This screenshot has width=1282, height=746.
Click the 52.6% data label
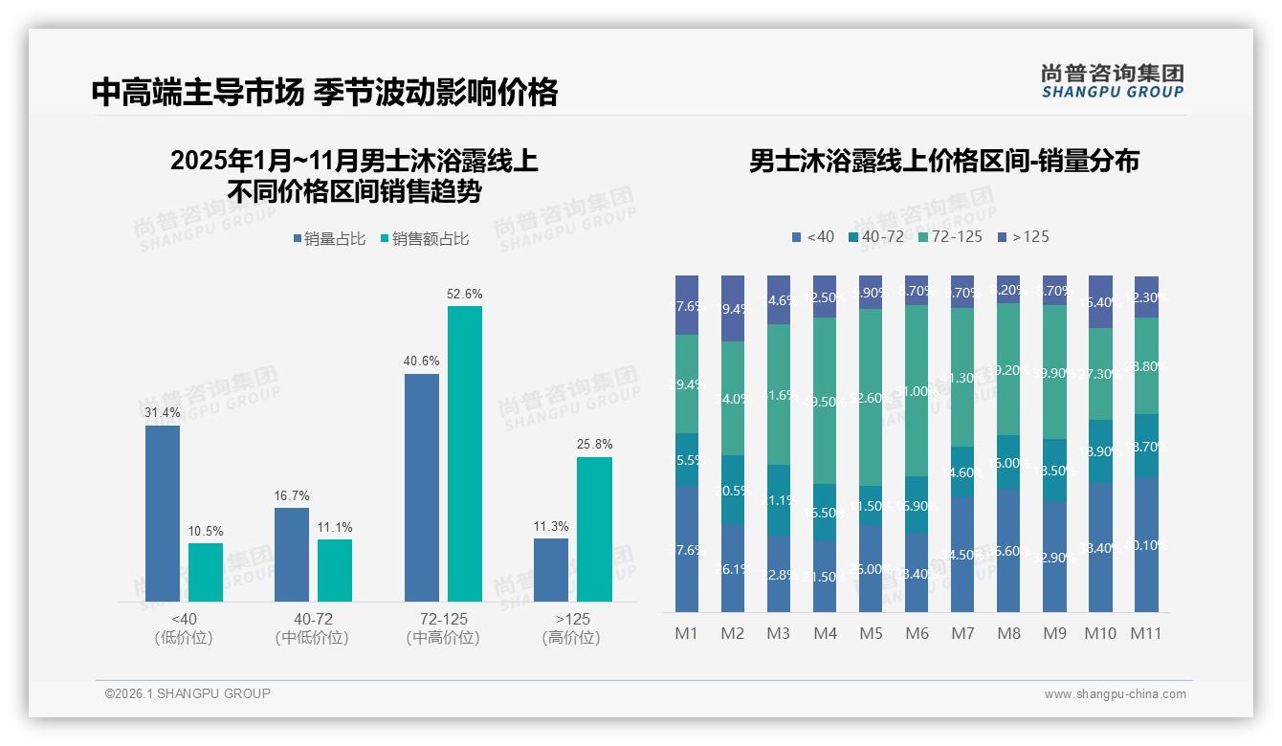point(464,294)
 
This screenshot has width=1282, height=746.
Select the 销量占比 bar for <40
point(163,514)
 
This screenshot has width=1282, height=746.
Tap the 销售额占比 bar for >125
point(594,529)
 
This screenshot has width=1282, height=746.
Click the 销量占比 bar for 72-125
point(422,487)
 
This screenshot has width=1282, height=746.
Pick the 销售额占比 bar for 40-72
point(335,570)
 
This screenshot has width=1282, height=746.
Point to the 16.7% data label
point(292,495)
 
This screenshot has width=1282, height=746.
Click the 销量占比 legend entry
point(329,239)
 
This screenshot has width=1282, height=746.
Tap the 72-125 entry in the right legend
point(949,236)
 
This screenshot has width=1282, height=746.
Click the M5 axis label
point(871,633)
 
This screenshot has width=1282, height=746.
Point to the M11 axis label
point(1145,633)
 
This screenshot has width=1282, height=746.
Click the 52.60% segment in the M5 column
point(871,397)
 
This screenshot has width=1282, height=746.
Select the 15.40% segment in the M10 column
point(1100,301)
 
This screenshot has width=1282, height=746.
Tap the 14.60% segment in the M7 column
point(962,472)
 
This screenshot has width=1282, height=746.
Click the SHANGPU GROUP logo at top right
point(1112,81)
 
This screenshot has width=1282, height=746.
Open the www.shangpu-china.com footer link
point(1115,694)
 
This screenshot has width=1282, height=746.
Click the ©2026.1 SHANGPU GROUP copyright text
point(188,693)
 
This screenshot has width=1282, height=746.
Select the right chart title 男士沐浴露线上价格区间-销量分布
point(943,161)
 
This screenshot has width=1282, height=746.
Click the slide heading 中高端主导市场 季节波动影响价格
point(324,93)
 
